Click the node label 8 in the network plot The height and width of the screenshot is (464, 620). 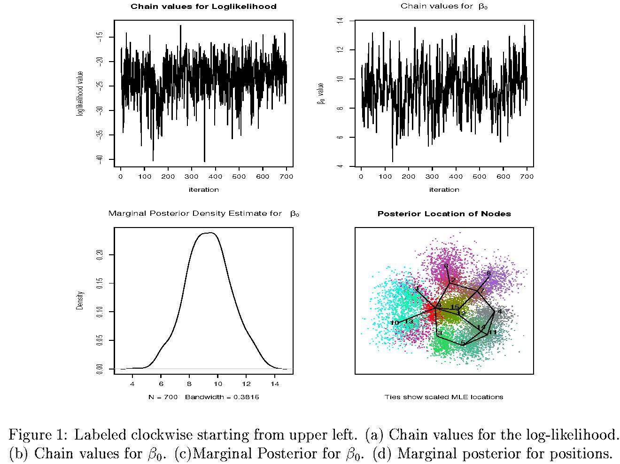[488, 273]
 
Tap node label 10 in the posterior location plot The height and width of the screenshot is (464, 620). [395, 323]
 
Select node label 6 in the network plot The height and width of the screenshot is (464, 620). [446, 267]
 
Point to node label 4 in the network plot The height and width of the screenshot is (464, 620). [499, 311]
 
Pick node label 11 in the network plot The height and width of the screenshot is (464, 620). [493, 332]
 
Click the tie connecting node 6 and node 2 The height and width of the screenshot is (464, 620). [449, 275]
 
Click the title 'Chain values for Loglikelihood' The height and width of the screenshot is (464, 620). [203, 7]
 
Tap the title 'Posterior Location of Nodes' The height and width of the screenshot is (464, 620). [444, 214]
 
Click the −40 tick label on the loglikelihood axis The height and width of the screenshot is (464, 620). [100, 159]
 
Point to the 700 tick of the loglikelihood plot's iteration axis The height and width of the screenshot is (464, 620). [287, 177]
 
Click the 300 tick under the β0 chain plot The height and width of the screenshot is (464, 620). [432, 177]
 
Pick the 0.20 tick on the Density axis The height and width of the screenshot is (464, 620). [100, 254]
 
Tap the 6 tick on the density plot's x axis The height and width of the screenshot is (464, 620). [161, 384]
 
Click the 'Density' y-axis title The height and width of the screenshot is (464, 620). [80, 300]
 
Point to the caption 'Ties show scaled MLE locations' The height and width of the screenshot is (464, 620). [444, 397]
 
